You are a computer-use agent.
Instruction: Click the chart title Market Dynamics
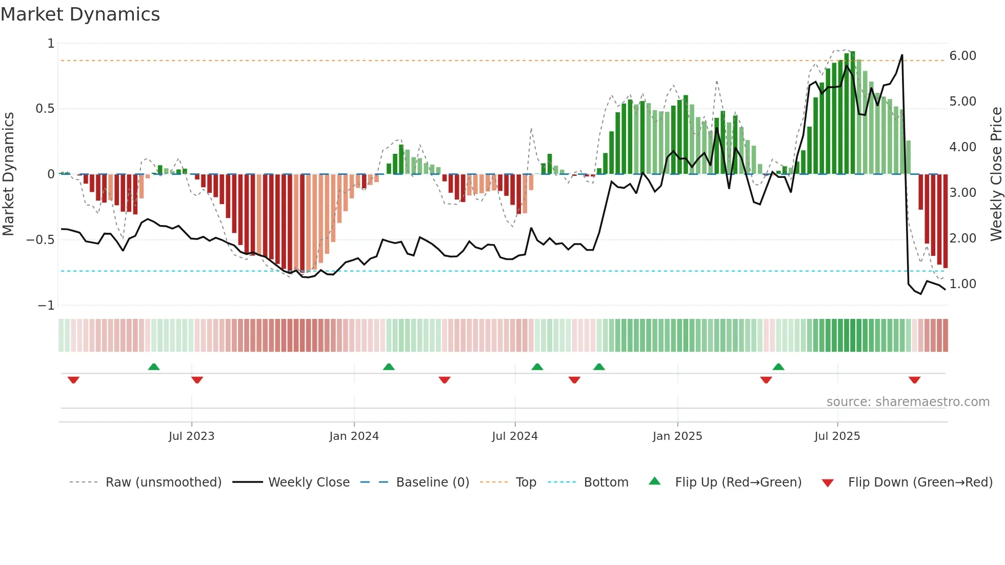coord(81,14)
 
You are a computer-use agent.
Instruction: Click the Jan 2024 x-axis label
coord(354,436)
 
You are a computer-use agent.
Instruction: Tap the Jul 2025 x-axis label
coord(837,436)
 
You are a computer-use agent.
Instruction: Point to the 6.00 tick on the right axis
coord(962,56)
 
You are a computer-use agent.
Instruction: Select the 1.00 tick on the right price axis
coord(962,284)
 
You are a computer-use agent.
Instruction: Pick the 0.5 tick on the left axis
coord(45,109)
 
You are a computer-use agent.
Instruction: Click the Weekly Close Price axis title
coord(996,174)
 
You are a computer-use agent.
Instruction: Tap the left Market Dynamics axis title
coord(8,174)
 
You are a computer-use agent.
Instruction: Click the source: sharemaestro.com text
coord(908,402)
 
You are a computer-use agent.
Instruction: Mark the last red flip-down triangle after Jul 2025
coord(914,380)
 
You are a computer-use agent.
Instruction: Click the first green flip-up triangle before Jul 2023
coord(154,367)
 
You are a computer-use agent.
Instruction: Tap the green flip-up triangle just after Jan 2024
coord(389,367)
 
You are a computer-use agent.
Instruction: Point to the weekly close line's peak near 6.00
coord(902,55)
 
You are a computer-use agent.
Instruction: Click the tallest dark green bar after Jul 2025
coord(852,113)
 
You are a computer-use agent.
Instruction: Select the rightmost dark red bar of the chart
coord(945,220)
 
